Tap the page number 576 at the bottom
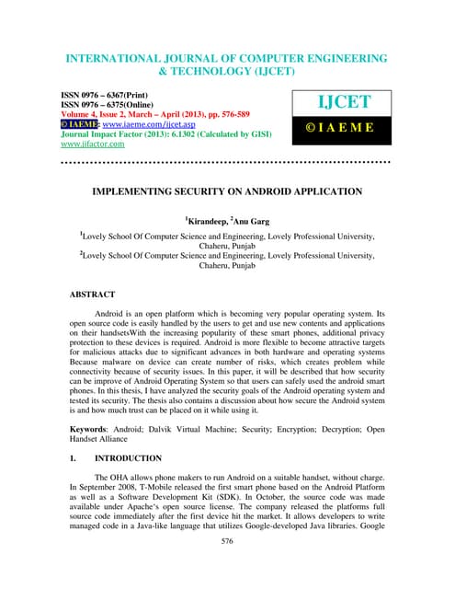point(226,568)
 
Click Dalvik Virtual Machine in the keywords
point(200,430)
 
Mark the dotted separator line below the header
point(226,162)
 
